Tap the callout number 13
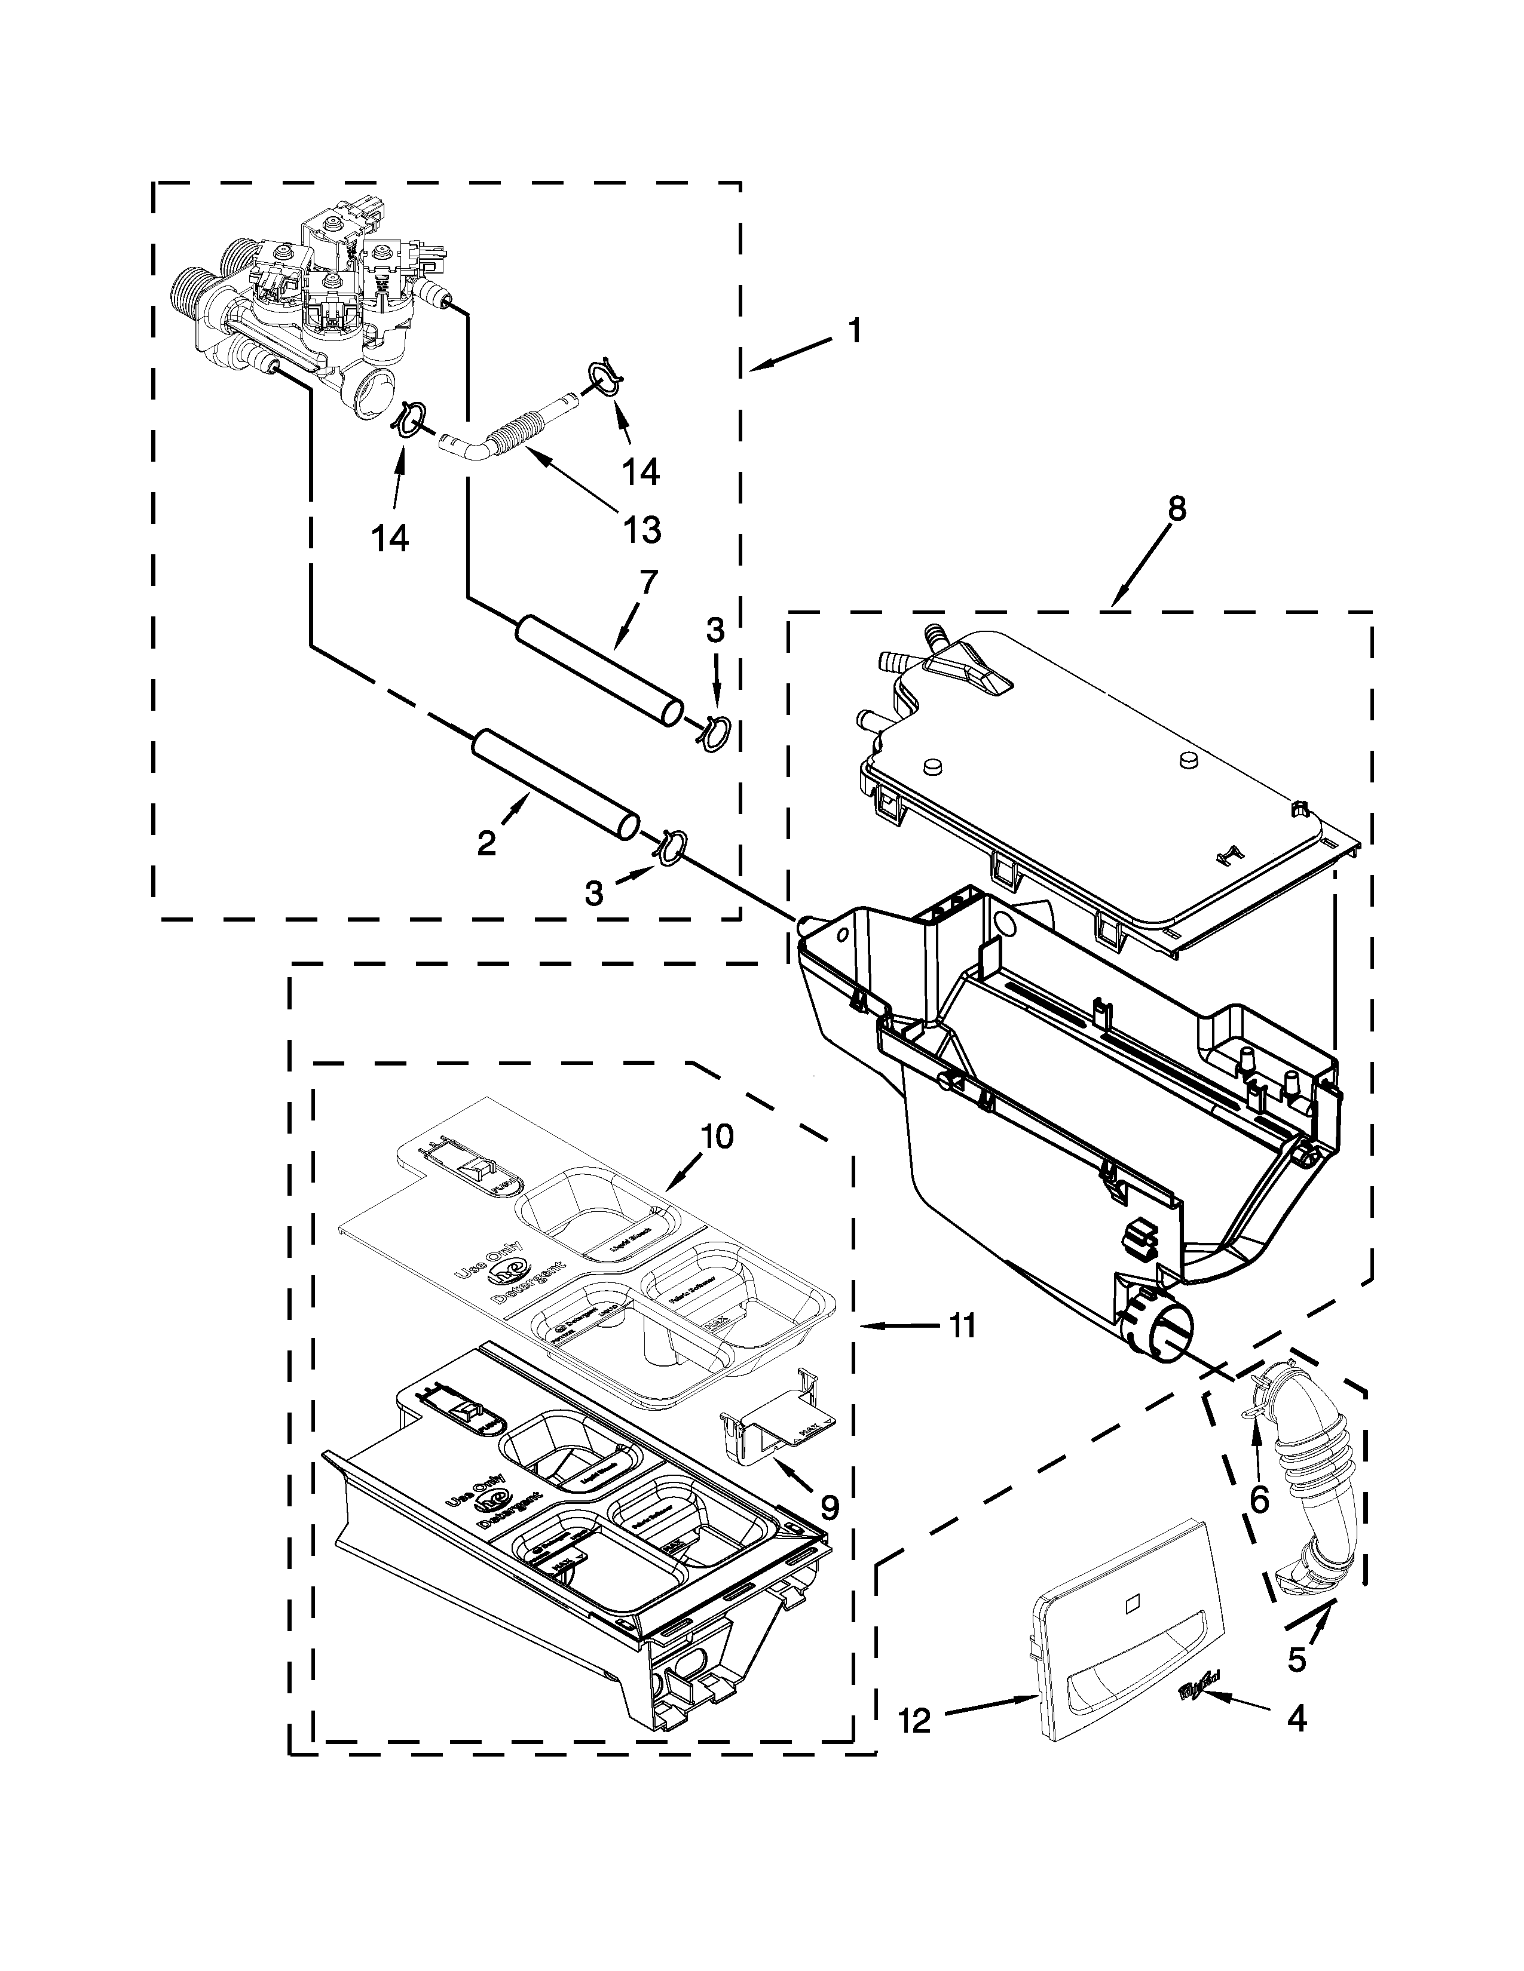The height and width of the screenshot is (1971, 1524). [641, 530]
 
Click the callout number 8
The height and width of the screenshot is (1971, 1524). [1174, 509]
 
